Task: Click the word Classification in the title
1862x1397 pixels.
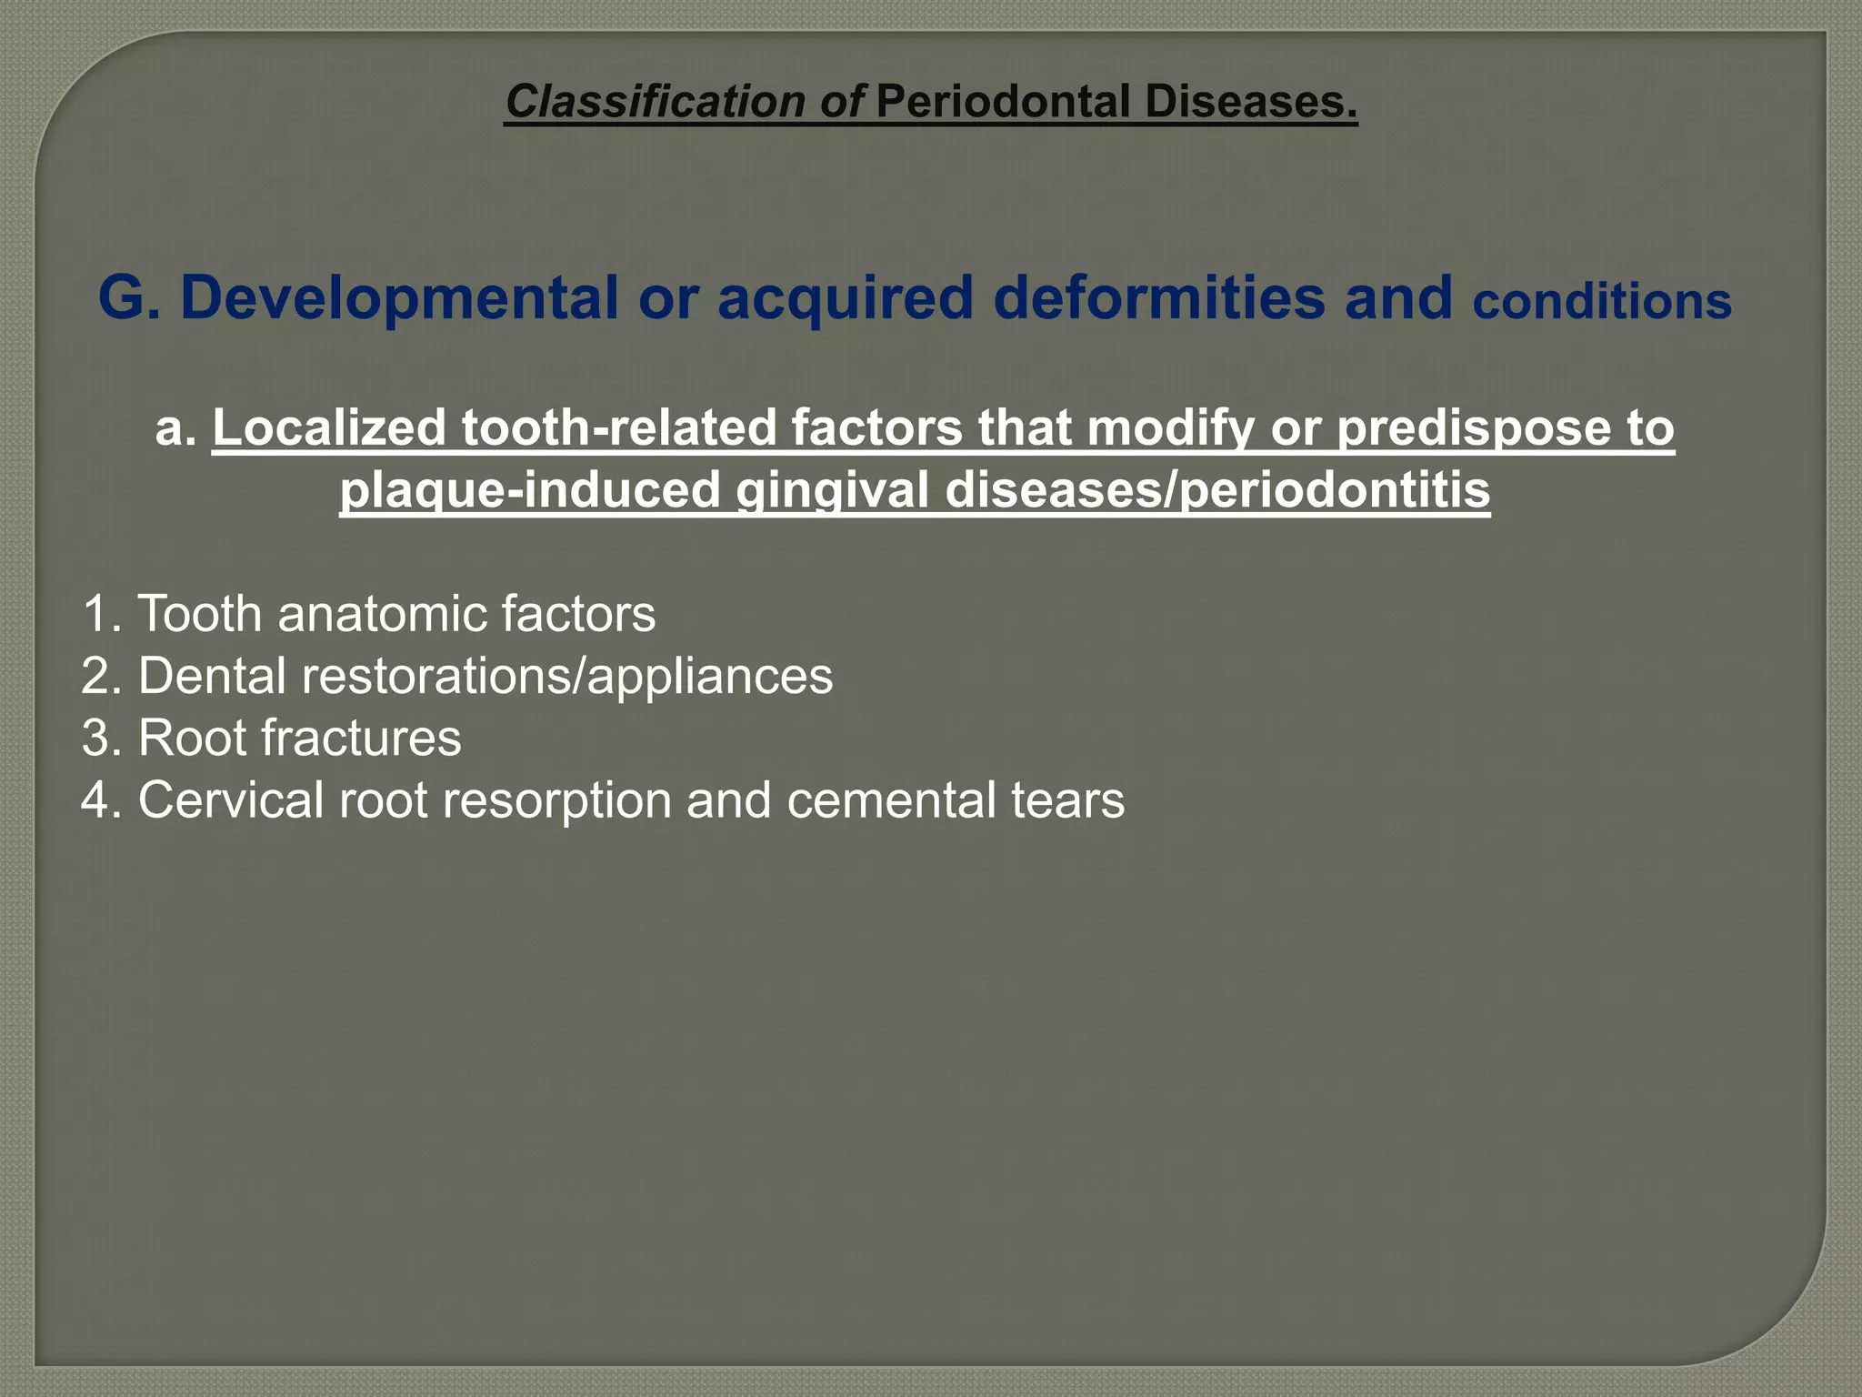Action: pyautogui.click(x=655, y=101)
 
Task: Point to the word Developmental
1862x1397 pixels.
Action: pyautogui.click(x=399, y=297)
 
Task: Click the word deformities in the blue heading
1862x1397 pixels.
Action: pyautogui.click(x=1158, y=297)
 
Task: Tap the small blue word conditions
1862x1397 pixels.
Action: pyautogui.click(x=1602, y=302)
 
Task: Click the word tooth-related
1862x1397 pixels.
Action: pyautogui.click(x=617, y=427)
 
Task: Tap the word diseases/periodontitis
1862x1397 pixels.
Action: pyautogui.click(x=1217, y=490)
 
